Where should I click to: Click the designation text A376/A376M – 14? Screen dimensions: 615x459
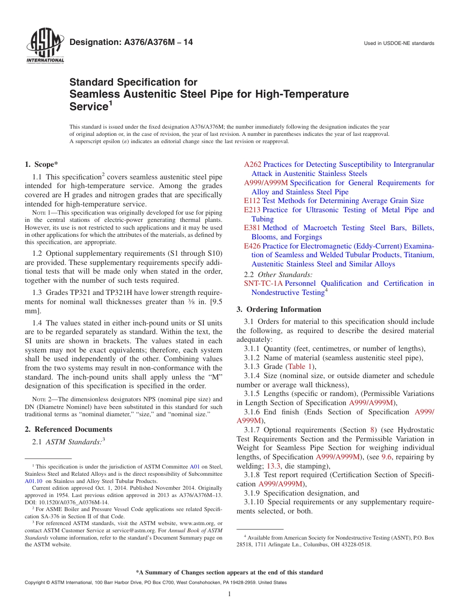[131, 43]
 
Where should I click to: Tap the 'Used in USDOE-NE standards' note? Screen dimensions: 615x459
[399, 44]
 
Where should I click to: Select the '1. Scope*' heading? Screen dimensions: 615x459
[42, 164]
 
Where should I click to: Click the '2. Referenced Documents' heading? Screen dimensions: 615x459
[68, 429]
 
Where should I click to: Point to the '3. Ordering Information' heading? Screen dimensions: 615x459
[279, 309]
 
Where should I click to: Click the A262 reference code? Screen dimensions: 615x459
[253, 165]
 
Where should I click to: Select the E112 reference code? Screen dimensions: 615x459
[252, 201]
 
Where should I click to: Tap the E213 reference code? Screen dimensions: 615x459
[252, 210]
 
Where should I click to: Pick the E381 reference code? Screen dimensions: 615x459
[252, 228]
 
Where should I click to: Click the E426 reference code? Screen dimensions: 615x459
[252, 246]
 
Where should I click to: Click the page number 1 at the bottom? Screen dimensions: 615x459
[229, 594]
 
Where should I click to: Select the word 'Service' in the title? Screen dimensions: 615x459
[88, 106]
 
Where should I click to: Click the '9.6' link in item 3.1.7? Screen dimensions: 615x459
[387, 457]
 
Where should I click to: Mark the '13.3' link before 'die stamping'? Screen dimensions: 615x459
[272, 466]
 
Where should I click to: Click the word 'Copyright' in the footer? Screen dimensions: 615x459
[36, 583]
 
